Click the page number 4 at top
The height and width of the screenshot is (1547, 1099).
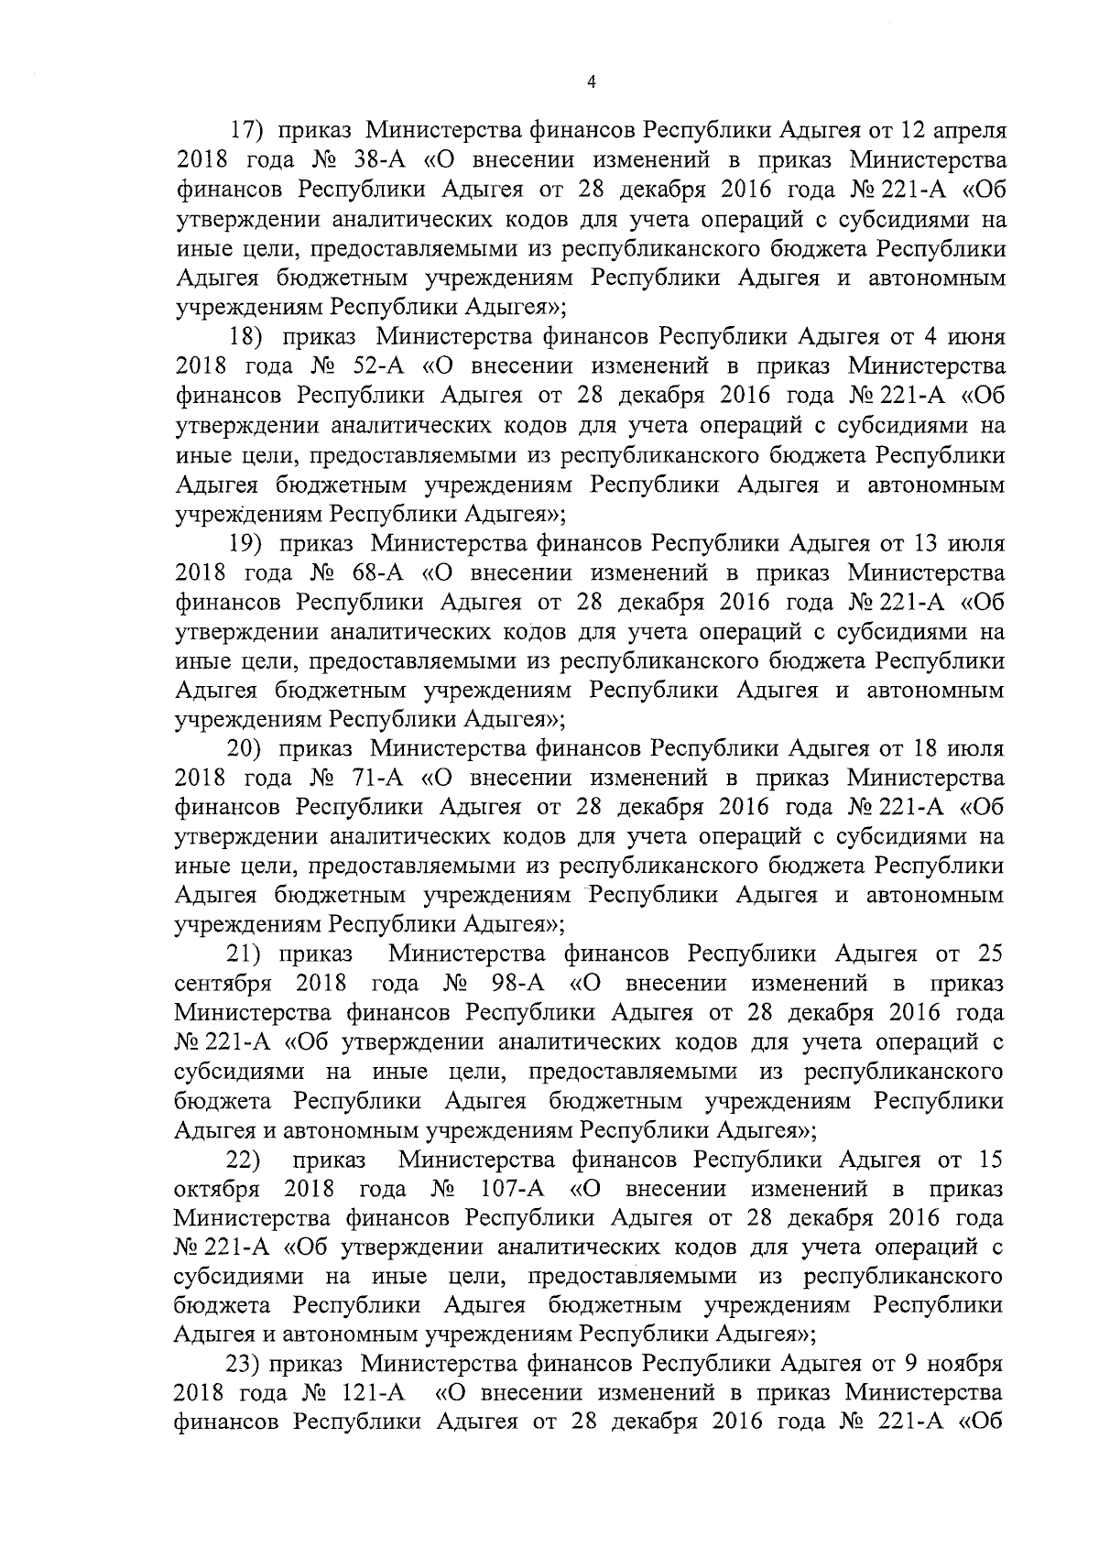point(591,82)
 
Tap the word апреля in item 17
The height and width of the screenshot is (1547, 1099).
point(969,131)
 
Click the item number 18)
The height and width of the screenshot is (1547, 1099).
point(246,336)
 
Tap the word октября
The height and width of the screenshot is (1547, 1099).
point(217,1191)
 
